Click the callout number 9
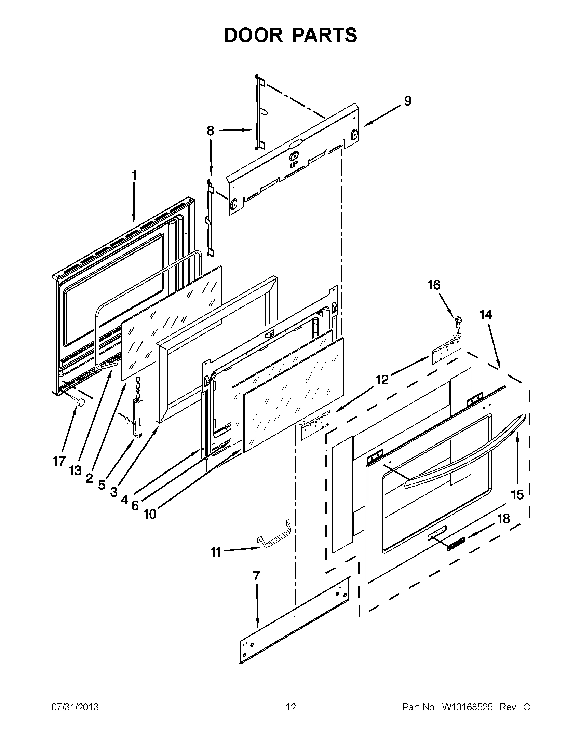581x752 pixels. point(407,101)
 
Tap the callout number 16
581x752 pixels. point(434,285)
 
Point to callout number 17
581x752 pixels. point(59,461)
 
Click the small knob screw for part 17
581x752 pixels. point(81,401)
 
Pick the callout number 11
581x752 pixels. point(216,552)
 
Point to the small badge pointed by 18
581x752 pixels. point(456,544)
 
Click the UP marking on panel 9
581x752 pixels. point(294,165)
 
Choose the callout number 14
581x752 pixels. point(486,314)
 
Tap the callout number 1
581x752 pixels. point(134,176)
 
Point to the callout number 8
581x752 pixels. point(210,131)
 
